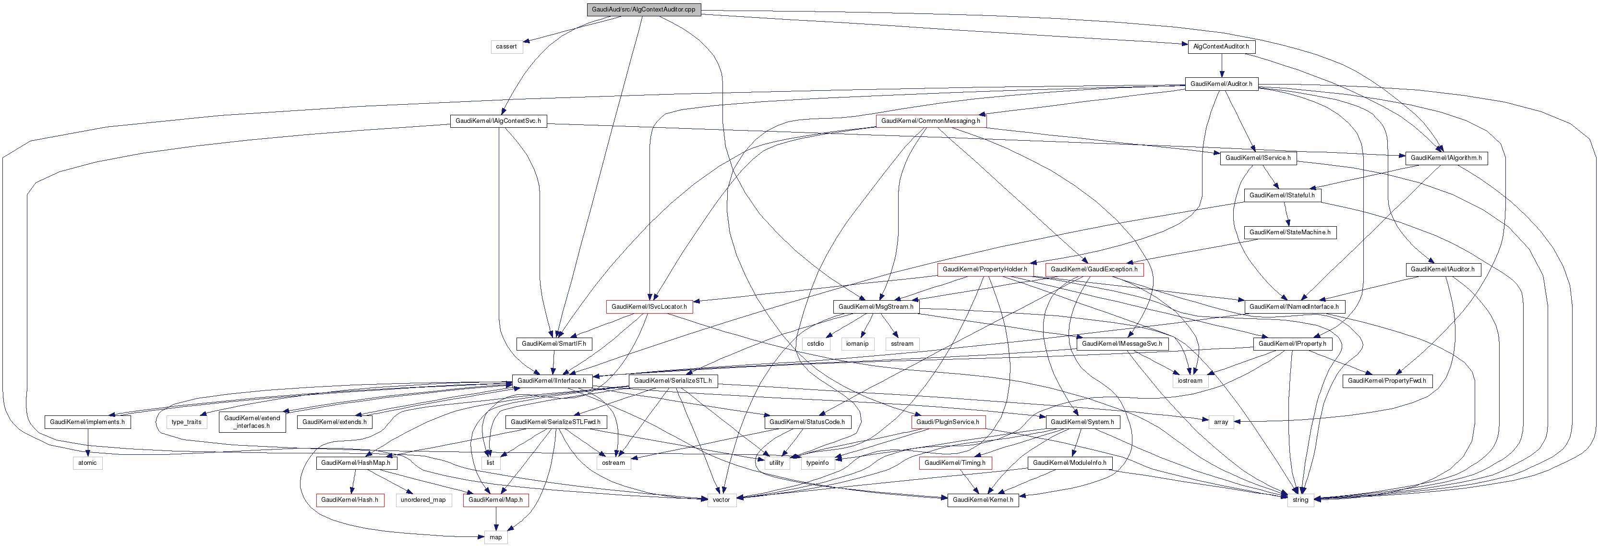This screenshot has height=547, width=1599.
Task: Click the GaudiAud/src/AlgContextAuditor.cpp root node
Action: [643, 9]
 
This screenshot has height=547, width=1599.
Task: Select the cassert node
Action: [506, 47]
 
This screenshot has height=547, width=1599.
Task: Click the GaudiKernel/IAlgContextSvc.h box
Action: [498, 121]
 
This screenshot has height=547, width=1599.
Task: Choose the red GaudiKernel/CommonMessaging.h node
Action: [930, 121]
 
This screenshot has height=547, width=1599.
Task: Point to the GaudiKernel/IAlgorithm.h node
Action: [1446, 158]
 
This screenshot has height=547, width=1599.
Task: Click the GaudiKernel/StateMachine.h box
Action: [1289, 232]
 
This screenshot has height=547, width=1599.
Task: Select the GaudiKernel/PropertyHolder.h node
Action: [985, 269]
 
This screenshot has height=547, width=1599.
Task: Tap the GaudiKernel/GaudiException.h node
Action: [1094, 269]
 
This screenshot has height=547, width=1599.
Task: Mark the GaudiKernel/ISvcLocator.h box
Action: [649, 307]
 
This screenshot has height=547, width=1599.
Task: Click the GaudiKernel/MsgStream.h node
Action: [875, 307]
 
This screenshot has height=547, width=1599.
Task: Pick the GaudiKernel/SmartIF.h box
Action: [553, 343]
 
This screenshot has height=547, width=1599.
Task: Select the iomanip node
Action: [857, 343]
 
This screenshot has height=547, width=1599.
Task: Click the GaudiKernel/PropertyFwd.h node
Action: [1387, 381]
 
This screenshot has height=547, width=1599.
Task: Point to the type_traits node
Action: [186, 422]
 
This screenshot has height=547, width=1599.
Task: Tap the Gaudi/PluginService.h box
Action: [947, 422]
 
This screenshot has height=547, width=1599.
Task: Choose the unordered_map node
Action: [423, 500]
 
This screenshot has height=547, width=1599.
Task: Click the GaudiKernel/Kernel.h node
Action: [983, 500]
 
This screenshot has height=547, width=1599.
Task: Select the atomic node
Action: [87, 462]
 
